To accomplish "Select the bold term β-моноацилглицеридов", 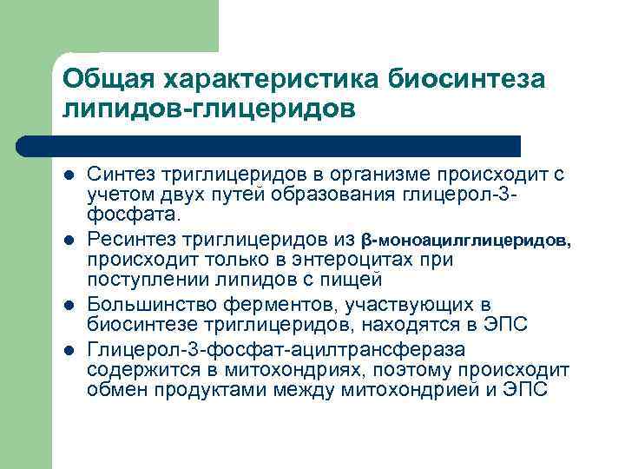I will pyautogui.click(x=466, y=239).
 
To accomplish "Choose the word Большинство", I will pyautogui.click(x=147, y=305).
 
